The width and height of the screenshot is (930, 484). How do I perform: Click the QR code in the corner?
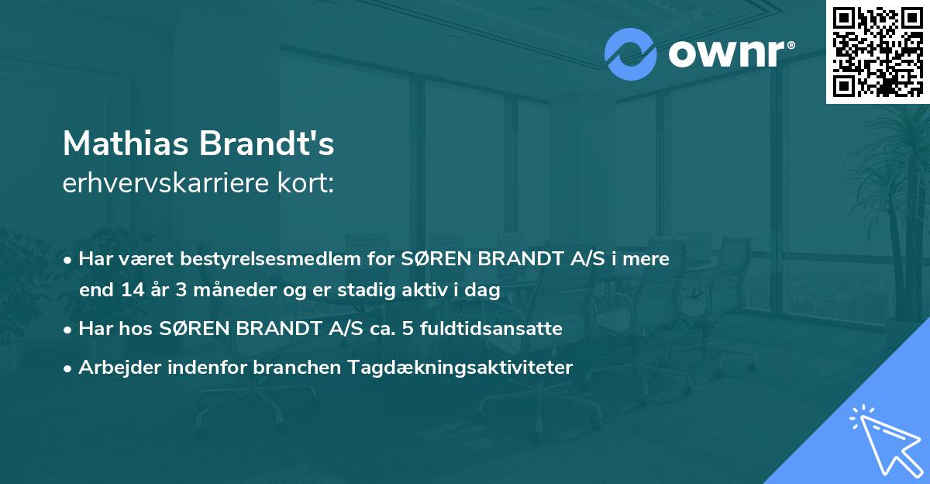(x=877, y=51)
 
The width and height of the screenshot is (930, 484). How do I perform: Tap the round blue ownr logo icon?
(x=630, y=54)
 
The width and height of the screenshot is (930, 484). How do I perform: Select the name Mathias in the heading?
(x=126, y=143)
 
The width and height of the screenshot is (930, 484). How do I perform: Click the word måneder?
(x=214, y=291)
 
